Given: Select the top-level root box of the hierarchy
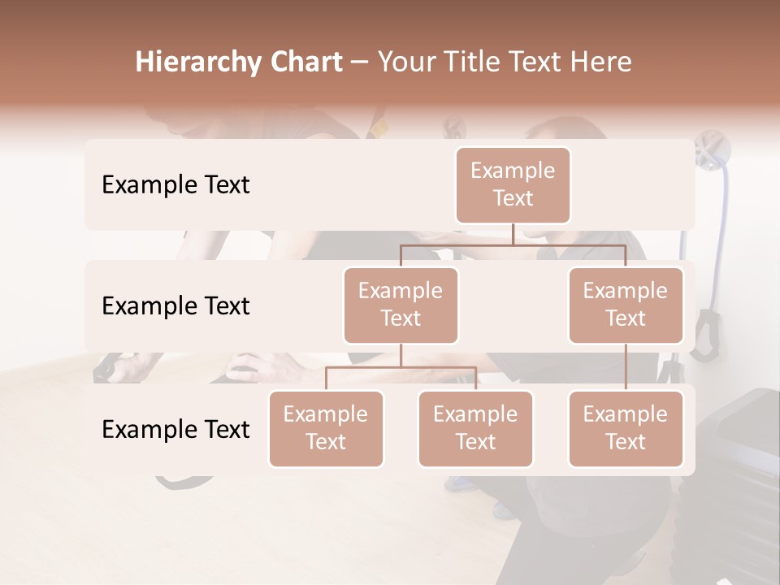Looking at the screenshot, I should (513, 184).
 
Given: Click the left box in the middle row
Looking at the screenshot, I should (401, 305).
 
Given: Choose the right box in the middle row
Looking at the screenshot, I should (626, 305).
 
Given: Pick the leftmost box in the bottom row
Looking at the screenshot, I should (326, 428).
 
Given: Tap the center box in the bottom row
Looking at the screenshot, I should (475, 428).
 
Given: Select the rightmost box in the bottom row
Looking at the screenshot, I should (626, 428).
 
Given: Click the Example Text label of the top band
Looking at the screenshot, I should (175, 184).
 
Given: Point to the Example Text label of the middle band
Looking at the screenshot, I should (175, 305).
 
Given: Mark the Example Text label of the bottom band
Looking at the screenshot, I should (175, 429).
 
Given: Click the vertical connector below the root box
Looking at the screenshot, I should (513, 234).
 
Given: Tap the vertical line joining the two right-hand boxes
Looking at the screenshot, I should (626, 367).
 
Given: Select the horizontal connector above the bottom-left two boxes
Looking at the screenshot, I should (401, 367).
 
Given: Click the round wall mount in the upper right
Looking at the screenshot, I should (716, 149).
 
